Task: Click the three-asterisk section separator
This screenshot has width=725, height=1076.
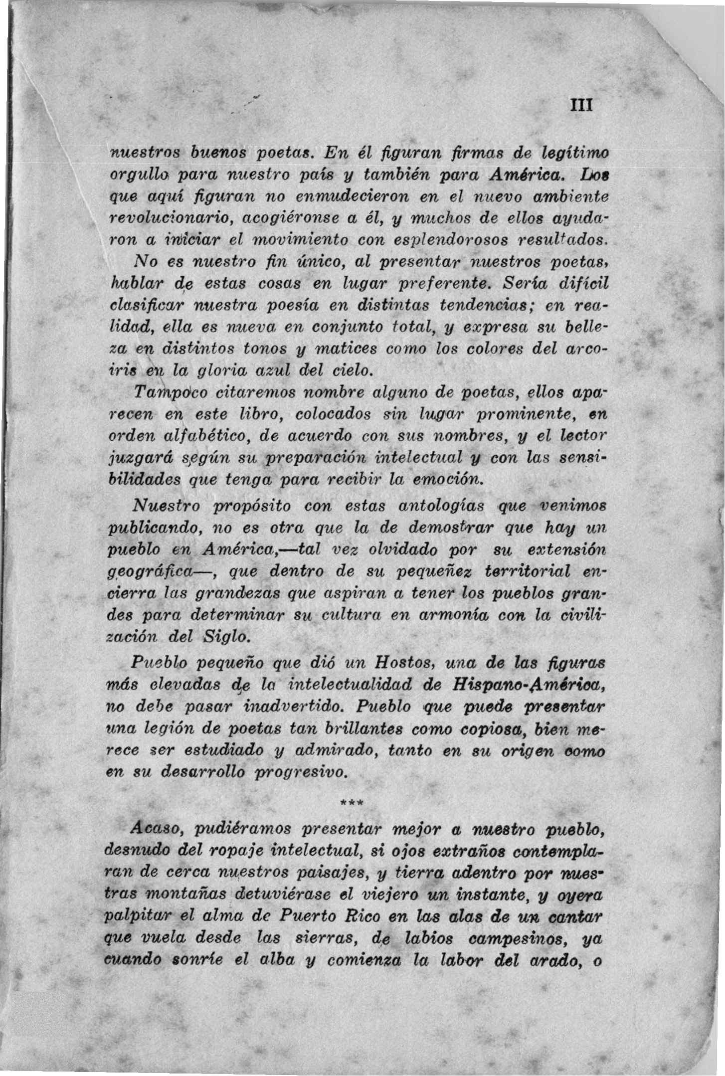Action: coord(352,803)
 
